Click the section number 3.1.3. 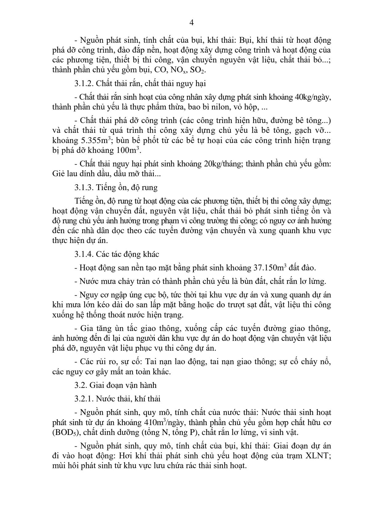coord(83,187)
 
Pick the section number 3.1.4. coord(83,254)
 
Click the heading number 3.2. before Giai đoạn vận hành coord(81,385)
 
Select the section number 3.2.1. coord(83,399)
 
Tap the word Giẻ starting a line coord(59,174)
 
